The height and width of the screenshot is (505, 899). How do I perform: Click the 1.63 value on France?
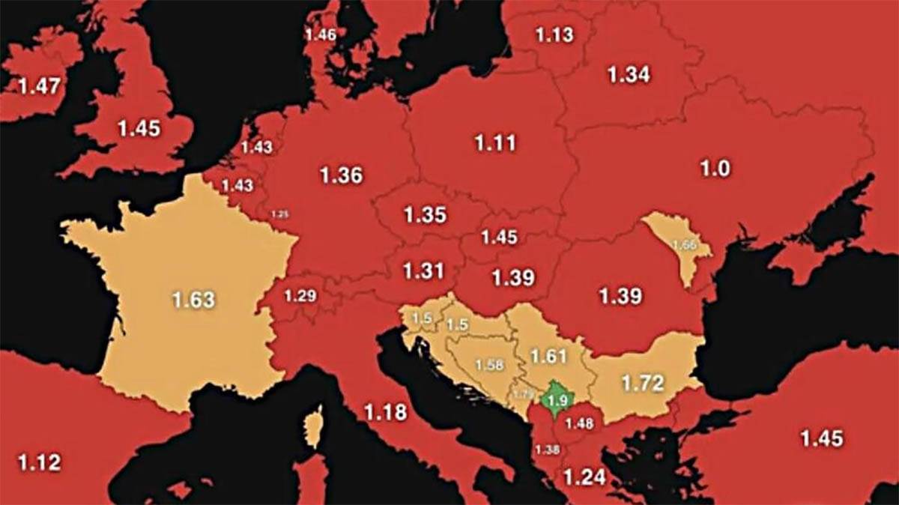193,300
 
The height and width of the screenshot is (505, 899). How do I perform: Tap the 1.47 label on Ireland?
39,85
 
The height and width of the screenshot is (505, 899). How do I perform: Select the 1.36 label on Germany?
341,175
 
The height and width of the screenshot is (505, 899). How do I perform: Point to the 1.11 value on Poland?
495,142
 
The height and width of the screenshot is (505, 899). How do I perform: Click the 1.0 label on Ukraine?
714,169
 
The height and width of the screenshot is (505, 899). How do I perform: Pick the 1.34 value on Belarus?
628,75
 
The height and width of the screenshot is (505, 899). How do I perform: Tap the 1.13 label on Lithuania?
554,34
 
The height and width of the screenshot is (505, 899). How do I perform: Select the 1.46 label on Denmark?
321,34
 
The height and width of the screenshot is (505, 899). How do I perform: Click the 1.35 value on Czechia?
425,215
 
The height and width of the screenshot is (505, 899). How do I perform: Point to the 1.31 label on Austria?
423,270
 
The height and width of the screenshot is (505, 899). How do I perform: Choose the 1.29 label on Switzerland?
300,296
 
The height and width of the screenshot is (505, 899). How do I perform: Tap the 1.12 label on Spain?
39,462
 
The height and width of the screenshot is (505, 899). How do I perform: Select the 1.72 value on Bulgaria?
643,384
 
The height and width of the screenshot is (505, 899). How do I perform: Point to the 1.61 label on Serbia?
547,355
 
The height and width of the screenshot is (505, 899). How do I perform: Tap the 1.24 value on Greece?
584,476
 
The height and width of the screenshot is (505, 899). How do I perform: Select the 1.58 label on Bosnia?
489,366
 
